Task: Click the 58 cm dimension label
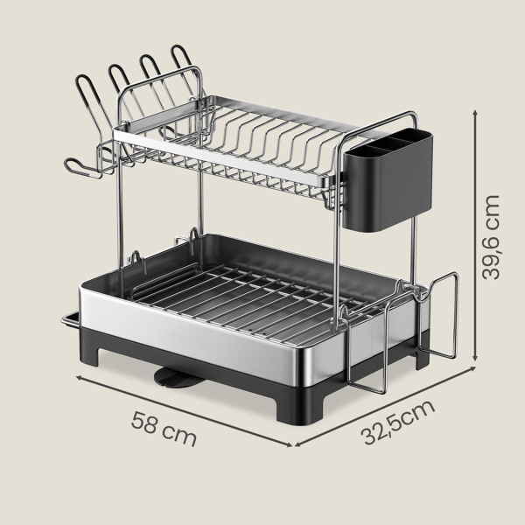164,430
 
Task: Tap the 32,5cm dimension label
398,423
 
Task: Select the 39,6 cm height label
491,237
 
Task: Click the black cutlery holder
388,179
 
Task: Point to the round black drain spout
176,379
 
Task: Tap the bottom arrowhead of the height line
475,358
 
